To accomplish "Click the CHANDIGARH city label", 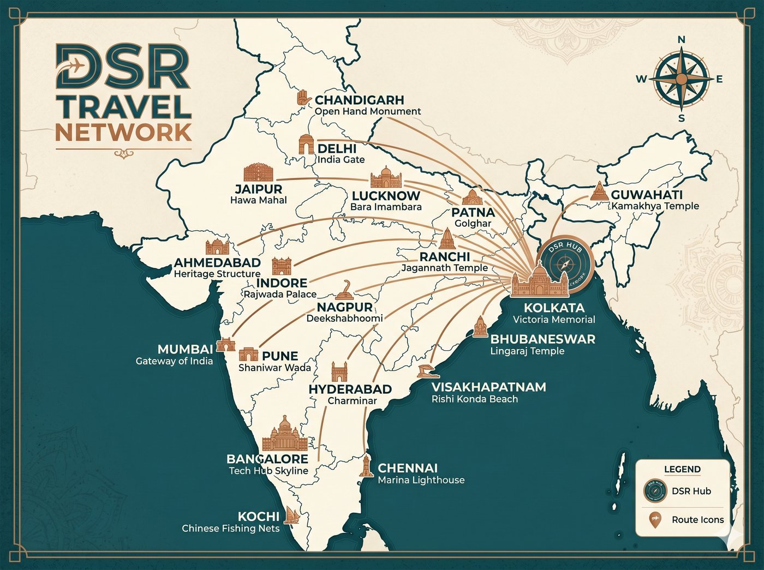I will (359, 100).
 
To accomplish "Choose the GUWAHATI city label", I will (647, 195).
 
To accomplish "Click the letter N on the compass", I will (681, 40).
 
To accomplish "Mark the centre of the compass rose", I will (681, 79).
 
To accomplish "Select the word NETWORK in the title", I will (123, 132).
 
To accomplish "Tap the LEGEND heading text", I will (682, 469).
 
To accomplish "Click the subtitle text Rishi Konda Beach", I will (474, 399).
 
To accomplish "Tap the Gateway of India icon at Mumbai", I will (224, 345).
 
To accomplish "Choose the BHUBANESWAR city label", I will (542, 339).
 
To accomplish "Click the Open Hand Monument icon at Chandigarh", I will (303, 99).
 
